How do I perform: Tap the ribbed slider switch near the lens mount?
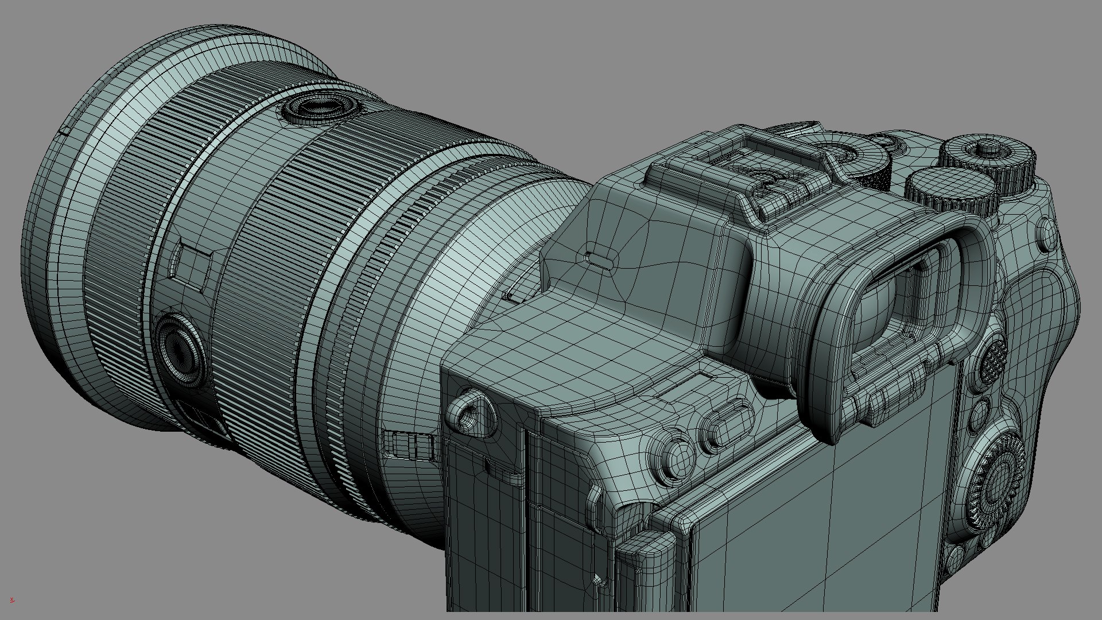tap(409, 444)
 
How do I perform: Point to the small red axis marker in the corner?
tap(12, 600)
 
